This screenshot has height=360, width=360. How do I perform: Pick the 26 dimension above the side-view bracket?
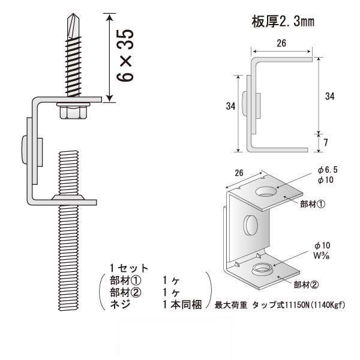[282, 44]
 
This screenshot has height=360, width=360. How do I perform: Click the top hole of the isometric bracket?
[266, 193]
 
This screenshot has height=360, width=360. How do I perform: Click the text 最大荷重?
[231, 305]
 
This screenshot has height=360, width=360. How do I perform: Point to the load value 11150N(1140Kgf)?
[316, 305]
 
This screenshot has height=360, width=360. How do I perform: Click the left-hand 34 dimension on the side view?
[230, 106]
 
